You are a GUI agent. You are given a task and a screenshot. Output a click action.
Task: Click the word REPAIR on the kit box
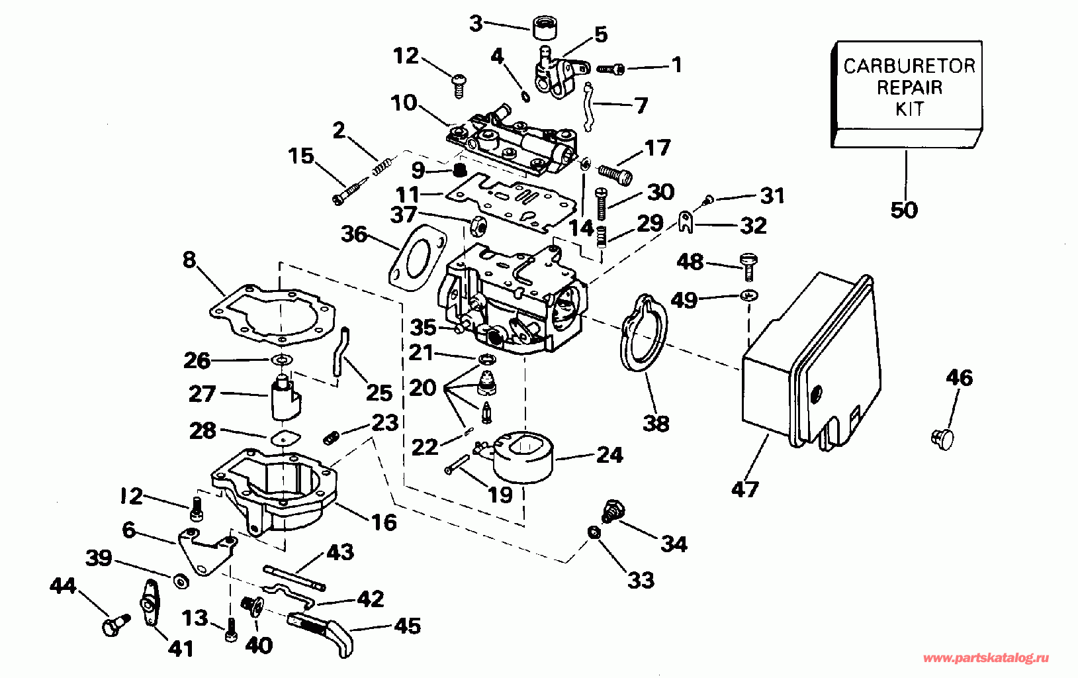click(909, 87)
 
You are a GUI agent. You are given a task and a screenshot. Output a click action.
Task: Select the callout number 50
click(904, 210)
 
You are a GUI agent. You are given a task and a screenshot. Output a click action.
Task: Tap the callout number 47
click(745, 489)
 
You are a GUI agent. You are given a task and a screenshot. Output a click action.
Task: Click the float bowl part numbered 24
click(523, 457)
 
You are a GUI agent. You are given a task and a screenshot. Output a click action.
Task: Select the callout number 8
click(190, 260)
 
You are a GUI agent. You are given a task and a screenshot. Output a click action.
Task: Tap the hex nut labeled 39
click(179, 581)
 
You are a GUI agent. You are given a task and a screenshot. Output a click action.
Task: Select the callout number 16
click(384, 522)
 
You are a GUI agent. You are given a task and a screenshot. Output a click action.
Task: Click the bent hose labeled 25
click(339, 351)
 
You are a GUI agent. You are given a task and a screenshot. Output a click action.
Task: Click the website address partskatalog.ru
click(986, 658)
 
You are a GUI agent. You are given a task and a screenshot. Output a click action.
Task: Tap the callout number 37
click(403, 215)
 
